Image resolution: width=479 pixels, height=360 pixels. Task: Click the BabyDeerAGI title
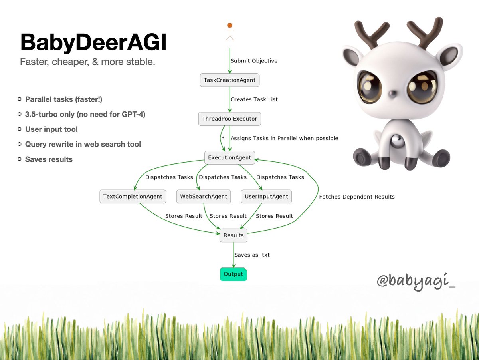pyautogui.click(x=93, y=43)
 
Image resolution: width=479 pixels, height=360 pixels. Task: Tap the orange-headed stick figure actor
pyautogui.click(x=230, y=32)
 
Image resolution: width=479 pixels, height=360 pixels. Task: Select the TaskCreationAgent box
pyautogui.click(x=230, y=80)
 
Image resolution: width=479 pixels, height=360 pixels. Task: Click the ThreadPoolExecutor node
pyautogui.click(x=230, y=119)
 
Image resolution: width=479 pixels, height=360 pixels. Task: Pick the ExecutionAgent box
pyautogui.click(x=230, y=157)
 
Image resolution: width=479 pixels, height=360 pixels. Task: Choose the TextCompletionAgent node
pyautogui.click(x=133, y=197)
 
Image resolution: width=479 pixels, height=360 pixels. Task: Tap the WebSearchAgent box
pyautogui.click(x=204, y=197)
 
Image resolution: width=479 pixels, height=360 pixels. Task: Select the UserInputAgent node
pyautogui.click(x=266, y=197)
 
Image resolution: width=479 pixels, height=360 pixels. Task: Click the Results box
pyautogui.click(x=234, y=235)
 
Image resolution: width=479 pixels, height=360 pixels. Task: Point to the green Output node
pyautogui.click(x=234, y=274)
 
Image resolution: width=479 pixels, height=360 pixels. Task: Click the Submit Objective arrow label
pyautogui.click(x=254, y=61)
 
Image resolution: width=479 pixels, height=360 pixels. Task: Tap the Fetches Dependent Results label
pyautogui.click(x=357, y=197)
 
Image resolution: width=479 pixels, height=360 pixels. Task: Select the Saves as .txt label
pyautogui.click(x=252, y=255)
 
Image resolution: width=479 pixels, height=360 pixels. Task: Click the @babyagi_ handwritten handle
pyautogui.click(x=416, y=281)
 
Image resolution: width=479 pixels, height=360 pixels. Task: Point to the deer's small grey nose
pyautogui.click(x=393, y=94)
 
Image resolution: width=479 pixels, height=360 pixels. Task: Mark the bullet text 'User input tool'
pyautogui.click(x=51, y=129)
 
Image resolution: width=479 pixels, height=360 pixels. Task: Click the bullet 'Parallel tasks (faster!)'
pyautogui.click(x=63, y=99)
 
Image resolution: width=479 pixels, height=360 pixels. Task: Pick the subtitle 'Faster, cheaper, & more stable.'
pyautogui.click(x=87, y=62)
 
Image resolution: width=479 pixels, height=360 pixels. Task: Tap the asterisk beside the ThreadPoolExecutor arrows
pyautogui.click(x=223, y=138)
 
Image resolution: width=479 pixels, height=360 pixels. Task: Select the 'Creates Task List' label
pyautogui.click(x=254, y=99)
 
